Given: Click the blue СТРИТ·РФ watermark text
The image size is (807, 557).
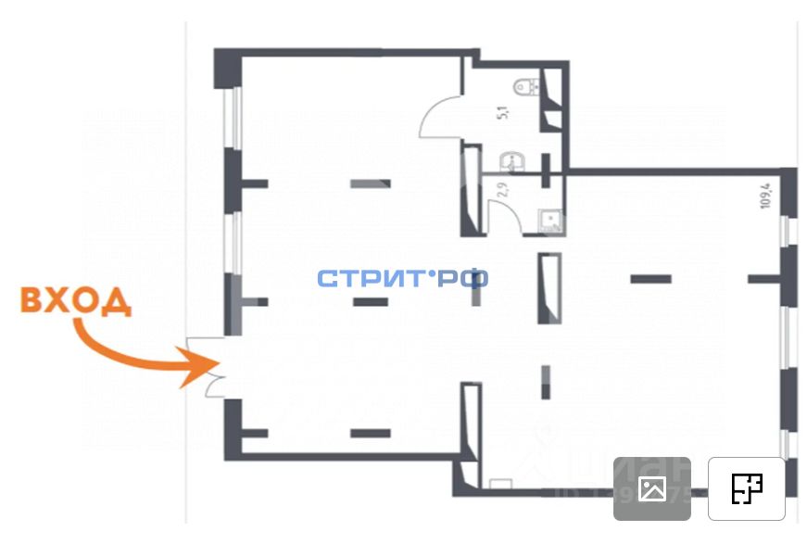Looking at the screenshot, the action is (x=402, y=278).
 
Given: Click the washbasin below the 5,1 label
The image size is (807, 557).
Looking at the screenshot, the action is (x=511, y=164).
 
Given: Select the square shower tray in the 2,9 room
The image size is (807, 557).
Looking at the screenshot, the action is (x=552, y=220).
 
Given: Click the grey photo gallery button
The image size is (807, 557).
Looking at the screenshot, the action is (x=652, y=488).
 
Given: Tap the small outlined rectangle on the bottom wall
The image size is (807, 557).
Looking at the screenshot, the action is (x=500, y=483).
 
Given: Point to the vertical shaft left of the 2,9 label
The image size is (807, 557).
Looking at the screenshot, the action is (x=471, y=190).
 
